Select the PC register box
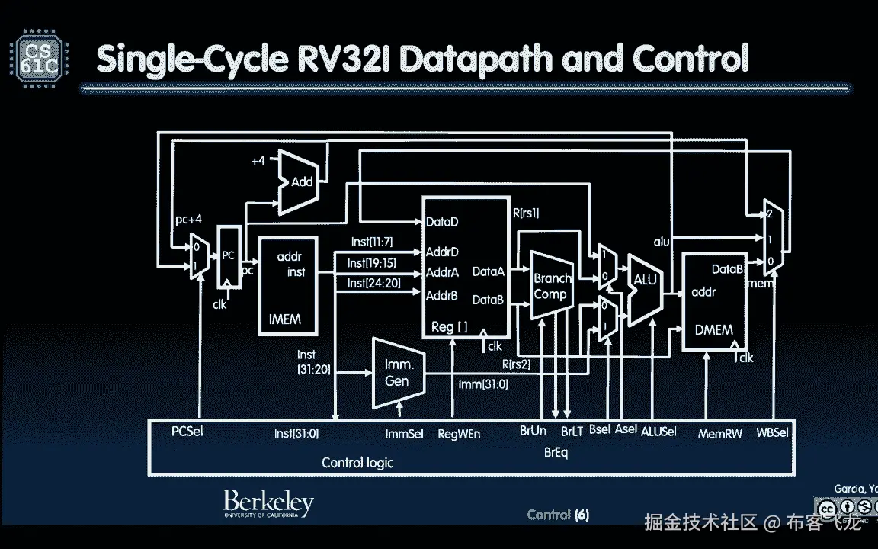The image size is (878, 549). (228, 257)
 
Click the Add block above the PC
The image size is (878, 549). (300, 182)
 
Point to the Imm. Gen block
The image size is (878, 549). (397, 373)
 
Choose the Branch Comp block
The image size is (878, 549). (550, 286)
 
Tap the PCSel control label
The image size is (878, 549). (187, 432)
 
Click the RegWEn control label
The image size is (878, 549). (459, 434)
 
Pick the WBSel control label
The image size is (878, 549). (772, 432)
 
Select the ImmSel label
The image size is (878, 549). (404, 434)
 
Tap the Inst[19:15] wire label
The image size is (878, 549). (371, 263)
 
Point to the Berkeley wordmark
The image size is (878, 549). (268, 502)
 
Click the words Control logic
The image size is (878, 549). (357, 462)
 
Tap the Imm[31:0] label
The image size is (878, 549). (482, 384)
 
